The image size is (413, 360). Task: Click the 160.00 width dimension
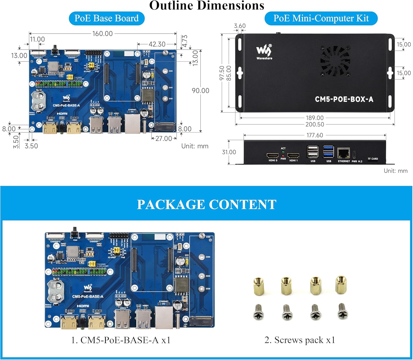pyautogui.click(x=102, y=34)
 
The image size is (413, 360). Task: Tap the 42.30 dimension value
pyautogui.click(x=157, y=44)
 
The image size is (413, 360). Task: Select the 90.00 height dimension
pyautogui.click(x=200, y=91)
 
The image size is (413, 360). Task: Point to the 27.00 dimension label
pyautogui.click(x=164, y=138)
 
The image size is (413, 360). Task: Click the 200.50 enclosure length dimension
pyautogui.click(x=315, y=125)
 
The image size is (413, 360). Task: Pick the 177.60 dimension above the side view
pyautogui.click(x=315, y=135)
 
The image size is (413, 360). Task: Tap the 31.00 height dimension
pyautogui.click(x=229, y=152)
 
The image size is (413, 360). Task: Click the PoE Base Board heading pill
pyautogui.click(x=107, y=18)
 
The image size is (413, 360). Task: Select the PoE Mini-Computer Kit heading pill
pyautogui.click(x=321, y=18)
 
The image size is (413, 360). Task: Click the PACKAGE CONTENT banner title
pyautogui.click(x=206, y=205)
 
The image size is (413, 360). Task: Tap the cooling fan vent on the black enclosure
pyautogui.click(x=335, y=61)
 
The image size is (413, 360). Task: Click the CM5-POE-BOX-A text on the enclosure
pyautogui.click(x=344, y=99)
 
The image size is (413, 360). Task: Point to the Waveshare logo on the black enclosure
pyautogui.click(x=264, y=52)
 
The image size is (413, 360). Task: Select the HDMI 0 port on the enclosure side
pyautogui.click(x=273, y=156)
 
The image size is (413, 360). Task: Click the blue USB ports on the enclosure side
pyautogui.click(x=328, y=152)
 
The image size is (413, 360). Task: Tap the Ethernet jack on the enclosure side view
pyautogui.click(x=343, y=153)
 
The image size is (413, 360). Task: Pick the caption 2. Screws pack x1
pyautogui.click(x=300, y=340)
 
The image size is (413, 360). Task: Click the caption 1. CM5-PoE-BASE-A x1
pyautogui.click(x=121, y=340)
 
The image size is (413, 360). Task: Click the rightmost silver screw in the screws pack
pyautogui.click(x=343, y=311)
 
